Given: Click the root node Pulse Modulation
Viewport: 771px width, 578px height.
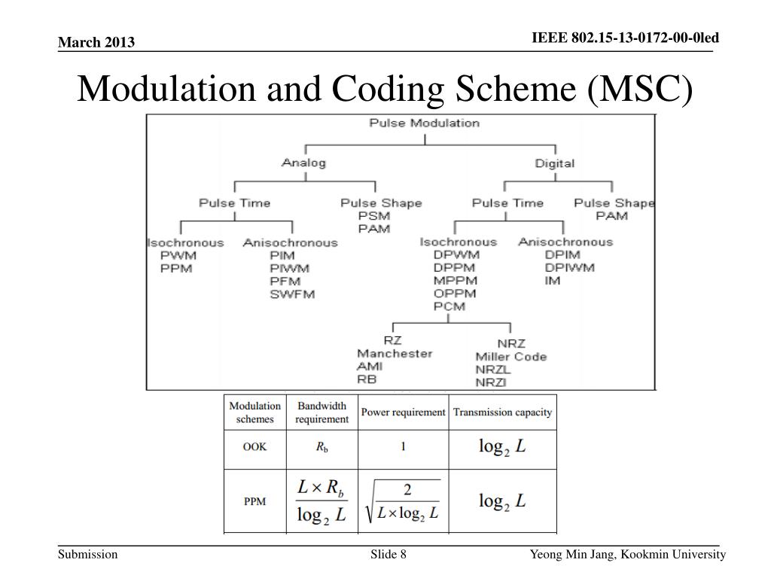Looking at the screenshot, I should (x=424, y=123).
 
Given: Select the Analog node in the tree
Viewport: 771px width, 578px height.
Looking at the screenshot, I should (x=303, y=163).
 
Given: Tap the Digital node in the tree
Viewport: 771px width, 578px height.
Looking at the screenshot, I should (x=554, y=163).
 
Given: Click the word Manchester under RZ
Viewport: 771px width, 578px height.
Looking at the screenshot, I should (x=395, y=353).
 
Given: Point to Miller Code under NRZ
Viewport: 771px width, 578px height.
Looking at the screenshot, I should (x=510, y=356).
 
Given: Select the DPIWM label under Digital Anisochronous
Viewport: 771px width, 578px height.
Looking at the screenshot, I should (x=569, y=267).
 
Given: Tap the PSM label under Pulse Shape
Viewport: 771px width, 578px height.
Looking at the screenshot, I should (x=373, y=216).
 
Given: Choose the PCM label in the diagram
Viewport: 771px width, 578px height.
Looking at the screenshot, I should (x=449, y=306).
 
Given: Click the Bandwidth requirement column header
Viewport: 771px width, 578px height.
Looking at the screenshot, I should (x=322, y=412).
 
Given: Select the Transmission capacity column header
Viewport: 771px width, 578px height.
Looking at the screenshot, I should (x=502, y=412).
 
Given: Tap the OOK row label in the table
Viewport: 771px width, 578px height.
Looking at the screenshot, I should (x=254, y=446).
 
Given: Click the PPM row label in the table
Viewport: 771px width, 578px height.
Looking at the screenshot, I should (x=254, y=501).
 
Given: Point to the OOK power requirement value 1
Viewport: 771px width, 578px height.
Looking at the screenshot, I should (x=403, y=446).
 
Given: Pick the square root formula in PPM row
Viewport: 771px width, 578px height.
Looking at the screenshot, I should (x=403, y=502).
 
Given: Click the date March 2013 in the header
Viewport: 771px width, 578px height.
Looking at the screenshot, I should (x=96, y=42).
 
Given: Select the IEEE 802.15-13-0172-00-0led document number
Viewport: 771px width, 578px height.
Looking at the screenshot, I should (x=625, y=38).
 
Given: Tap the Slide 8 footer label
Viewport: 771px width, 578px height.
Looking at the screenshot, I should (x=389, y=555).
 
